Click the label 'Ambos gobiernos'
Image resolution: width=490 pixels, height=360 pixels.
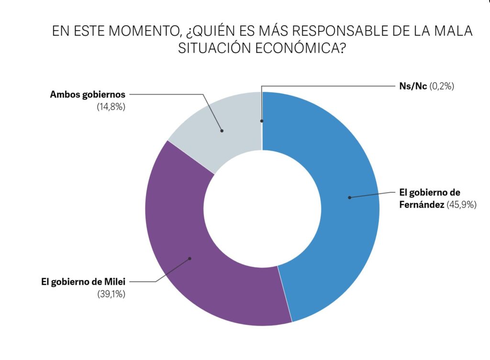tap(88, 95)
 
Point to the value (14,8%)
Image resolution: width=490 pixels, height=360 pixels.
tap(111, 107)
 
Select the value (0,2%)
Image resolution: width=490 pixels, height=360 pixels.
tap(441, 87)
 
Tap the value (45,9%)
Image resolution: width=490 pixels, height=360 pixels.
tap(462, 205)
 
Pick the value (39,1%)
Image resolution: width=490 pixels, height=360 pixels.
tap(111, 294)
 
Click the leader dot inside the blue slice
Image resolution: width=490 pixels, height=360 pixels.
tap(349, 197)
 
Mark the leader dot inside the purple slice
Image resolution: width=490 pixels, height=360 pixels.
tap(190, 259)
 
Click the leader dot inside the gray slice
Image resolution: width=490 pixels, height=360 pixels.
tap(222, 130)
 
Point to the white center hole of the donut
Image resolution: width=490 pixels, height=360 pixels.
tap(262, 209)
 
